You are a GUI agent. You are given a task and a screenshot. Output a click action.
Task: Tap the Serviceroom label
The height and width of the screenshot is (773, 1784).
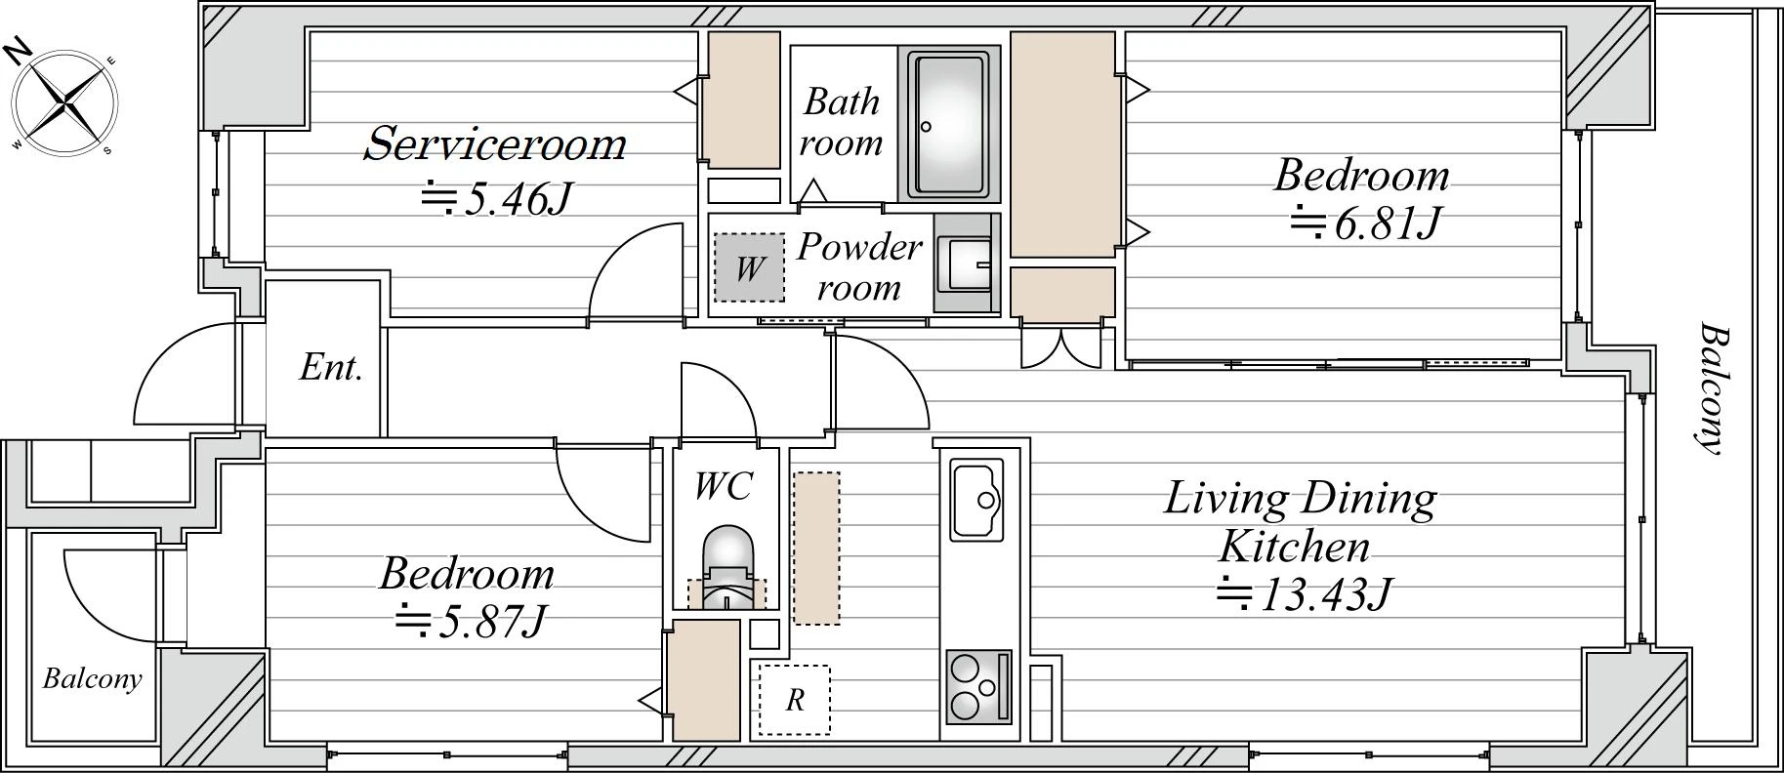click(495, 143)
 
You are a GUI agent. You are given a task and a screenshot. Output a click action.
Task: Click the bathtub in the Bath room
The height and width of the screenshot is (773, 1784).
click(947, 124)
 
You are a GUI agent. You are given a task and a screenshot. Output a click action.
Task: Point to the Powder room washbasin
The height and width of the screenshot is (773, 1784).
click(963, 263)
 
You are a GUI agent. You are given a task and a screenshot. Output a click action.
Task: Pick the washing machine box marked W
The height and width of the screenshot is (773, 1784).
click(749, 266)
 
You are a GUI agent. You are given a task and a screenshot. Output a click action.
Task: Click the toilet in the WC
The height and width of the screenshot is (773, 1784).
click(726, 571)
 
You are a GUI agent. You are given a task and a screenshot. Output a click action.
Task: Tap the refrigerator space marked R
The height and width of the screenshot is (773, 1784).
click(795, 700)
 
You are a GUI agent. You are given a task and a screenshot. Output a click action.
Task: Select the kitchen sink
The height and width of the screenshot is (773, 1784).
click(977, 499)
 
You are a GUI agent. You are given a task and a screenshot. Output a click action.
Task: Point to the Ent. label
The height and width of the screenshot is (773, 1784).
click(330, 368)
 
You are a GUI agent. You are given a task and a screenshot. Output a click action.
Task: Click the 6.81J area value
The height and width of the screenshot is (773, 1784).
click(1365, 224)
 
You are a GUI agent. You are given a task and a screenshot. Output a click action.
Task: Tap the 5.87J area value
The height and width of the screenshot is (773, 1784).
click(468, 621)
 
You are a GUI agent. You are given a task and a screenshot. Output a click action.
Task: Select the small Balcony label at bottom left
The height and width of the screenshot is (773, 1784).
click(92, 679)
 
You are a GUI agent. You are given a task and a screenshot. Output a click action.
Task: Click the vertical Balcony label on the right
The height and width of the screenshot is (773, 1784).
click(1710, 388)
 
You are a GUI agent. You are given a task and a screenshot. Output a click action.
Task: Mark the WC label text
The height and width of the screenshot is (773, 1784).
click(724, 485)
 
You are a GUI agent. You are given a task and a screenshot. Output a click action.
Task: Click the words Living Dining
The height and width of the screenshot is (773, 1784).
click(1301, 500)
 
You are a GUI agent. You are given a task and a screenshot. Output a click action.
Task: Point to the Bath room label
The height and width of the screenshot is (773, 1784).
click(842, 122)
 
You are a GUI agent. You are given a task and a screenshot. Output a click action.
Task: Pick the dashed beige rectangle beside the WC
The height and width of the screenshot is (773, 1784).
click(816, 549)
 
